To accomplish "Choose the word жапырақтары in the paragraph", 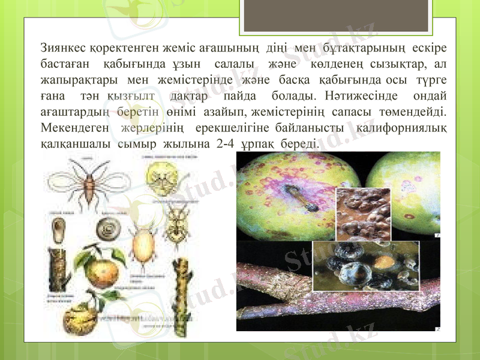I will click(75, 79).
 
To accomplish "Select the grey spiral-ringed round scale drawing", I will click(111, 227).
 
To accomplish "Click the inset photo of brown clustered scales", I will click(363, 213).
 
